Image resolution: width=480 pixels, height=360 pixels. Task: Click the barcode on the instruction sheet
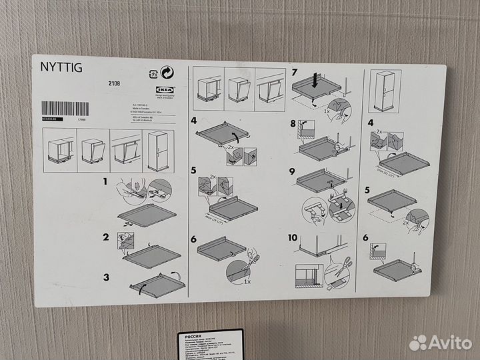(x=65, y=107)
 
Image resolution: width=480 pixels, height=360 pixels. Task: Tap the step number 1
(x=104, y=181)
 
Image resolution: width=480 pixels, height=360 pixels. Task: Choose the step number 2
(x=105, y=237)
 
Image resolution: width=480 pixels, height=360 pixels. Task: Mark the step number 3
(x=105, y=276)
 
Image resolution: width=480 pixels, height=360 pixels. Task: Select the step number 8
(x=292, y=124)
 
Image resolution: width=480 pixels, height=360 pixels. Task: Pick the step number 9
(x=291, y=171)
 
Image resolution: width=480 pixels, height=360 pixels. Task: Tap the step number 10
(x=294, y=237)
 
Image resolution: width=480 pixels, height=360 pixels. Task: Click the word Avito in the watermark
(x=449, y=342)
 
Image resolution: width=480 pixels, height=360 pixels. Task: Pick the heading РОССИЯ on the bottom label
(x=196, y=337)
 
